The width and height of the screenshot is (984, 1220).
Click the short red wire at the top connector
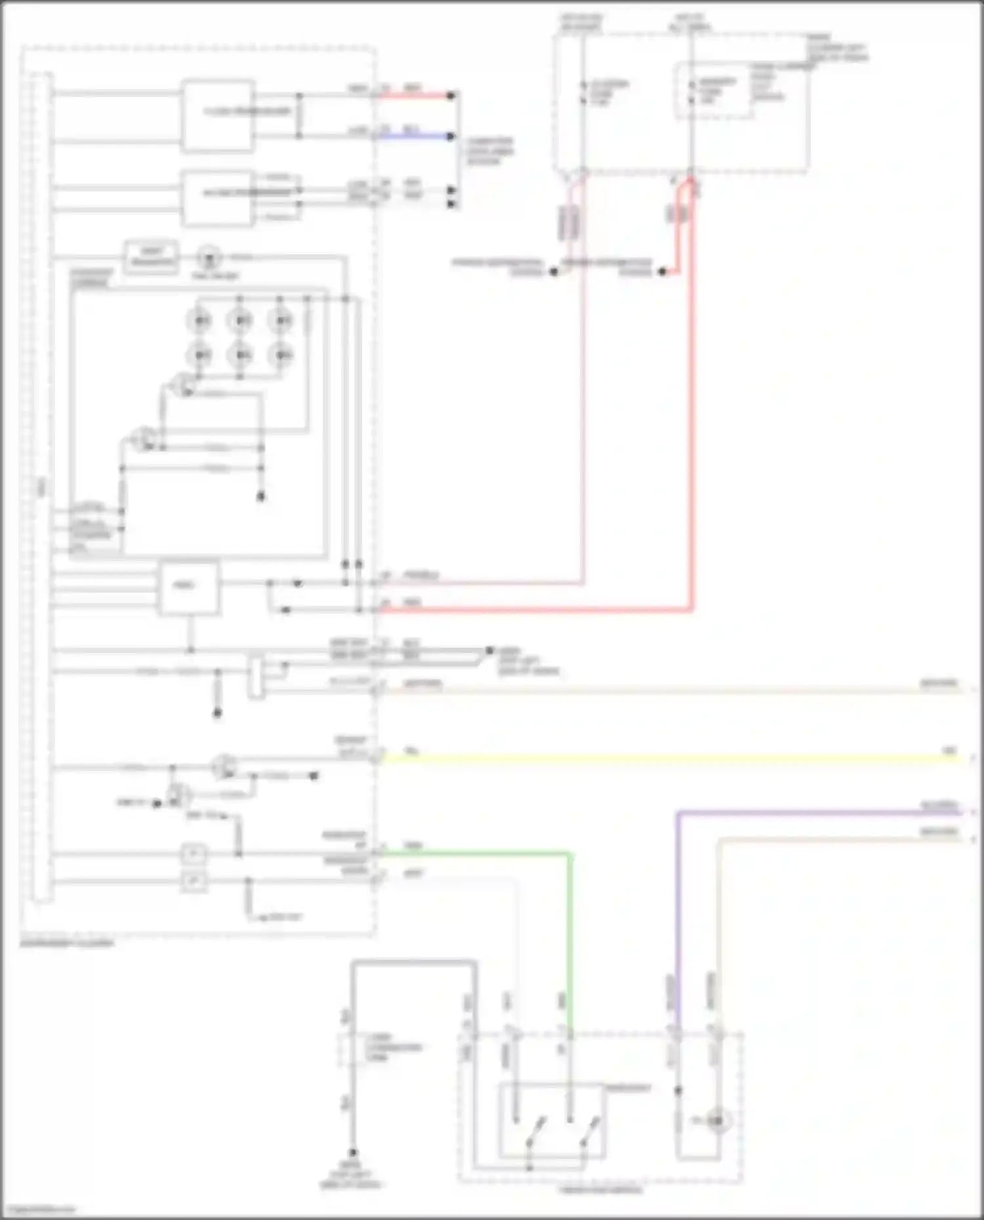click(x=413, y=96)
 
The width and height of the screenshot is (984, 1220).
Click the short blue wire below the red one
click(x=413, y=136)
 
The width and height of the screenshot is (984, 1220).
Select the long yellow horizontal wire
click(x=656, y=758)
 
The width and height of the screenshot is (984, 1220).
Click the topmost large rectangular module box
click(x=218, y=116)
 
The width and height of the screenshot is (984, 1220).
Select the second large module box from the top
click(x=218, y=199)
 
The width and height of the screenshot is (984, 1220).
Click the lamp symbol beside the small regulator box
click(x=209, y=257)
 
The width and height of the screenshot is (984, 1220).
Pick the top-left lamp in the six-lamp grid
click(x=200, y=321)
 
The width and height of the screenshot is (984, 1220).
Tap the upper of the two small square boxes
click(x=193, y=854)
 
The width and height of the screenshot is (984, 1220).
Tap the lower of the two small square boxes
click(x=193, y=880)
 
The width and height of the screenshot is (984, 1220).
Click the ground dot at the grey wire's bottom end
click(x=353, y=1152)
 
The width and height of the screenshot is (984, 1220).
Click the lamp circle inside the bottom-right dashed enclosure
click(x=717, y=1121)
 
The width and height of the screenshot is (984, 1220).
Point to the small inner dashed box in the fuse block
click(x=714, y=91)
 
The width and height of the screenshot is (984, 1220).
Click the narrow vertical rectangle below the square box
click(x=256, y=675)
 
